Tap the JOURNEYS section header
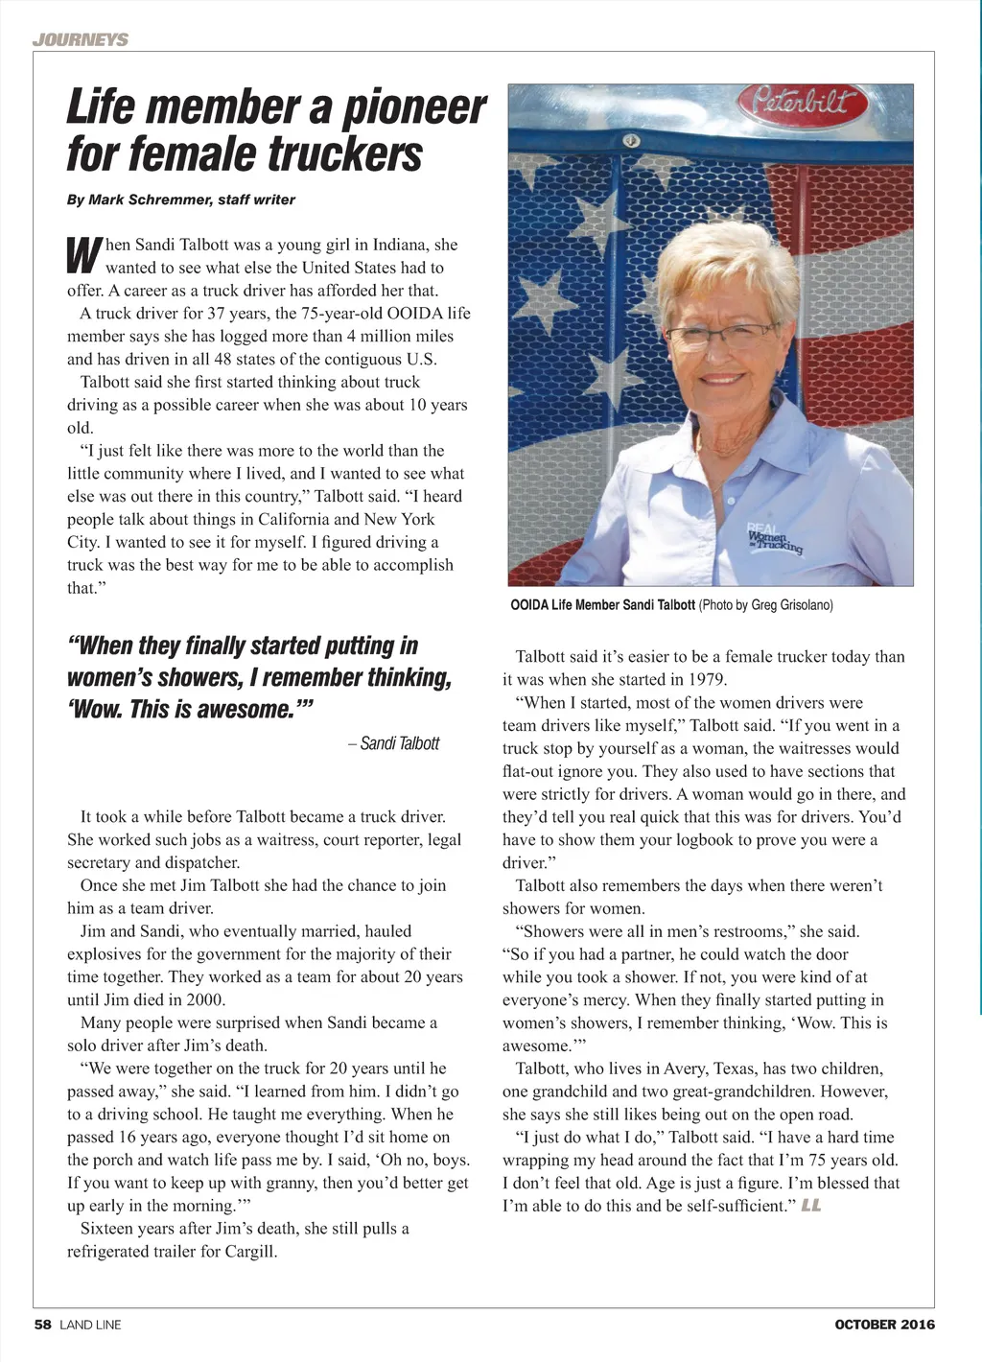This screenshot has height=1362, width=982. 80,39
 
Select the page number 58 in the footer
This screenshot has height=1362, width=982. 43,1325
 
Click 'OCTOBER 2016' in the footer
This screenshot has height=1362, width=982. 884,1325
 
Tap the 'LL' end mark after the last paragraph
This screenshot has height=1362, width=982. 811,1206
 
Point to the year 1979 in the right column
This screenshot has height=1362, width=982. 708,679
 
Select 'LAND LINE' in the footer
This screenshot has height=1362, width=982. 90,1325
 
